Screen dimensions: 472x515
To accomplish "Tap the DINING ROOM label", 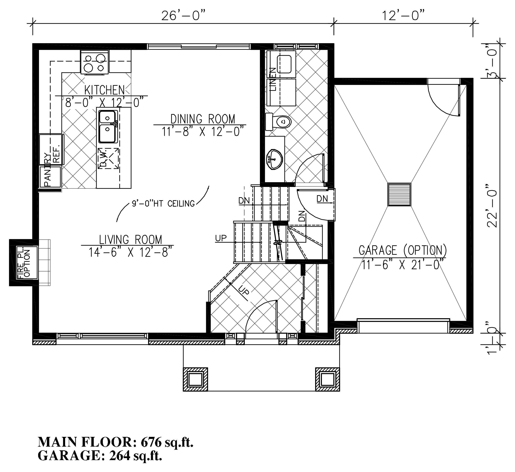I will pos(203,119).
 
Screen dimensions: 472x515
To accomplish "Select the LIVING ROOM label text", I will pos(131,240).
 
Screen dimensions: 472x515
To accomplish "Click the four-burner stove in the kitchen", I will pos(94,62).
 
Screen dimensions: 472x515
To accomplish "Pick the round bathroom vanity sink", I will pos(274,159).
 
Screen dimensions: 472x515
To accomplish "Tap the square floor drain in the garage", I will pos(399,194).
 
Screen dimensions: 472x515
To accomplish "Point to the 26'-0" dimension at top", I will pos(183,16).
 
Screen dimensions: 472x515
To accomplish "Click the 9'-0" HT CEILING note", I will pos(163,203).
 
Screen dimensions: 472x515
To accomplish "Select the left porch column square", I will pos(195,379).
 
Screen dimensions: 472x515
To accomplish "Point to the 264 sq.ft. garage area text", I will pos(135,455).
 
